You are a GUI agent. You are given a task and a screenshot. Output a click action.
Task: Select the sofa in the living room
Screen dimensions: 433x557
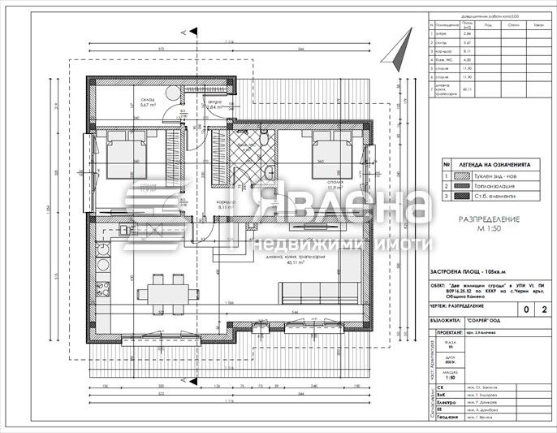311,292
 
